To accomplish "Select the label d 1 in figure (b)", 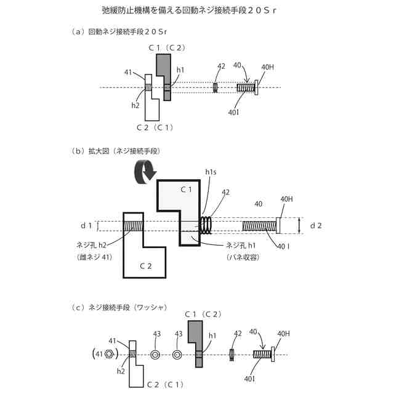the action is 86,225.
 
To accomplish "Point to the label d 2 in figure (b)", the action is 315,225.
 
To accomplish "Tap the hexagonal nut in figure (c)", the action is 108,354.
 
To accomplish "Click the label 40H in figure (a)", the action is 268,67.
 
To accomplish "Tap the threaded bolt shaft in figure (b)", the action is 259,226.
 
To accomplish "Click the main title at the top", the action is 197,11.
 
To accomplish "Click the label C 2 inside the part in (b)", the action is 144,266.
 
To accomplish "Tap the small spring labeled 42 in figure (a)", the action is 215,87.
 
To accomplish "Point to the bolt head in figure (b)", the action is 278,226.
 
